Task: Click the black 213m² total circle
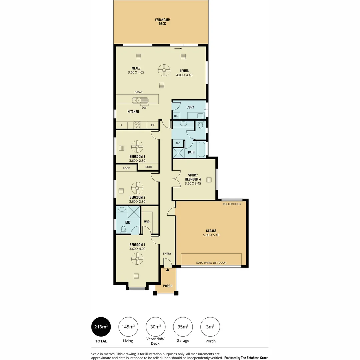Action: pyautogui.click(x=101, y=327)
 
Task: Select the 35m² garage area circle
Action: pyautogui.click(x=183, y=327)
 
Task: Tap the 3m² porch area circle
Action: pyautogui.click(x=210, y=327)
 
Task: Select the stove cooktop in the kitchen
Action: pyautogui.click(x=137, y=125)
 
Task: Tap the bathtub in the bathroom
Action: pyautogui.click(x=201, y=149)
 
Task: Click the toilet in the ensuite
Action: pyautogui.click(x=123, y=229)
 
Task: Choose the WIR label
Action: pyautogui.click(x=147, y=222)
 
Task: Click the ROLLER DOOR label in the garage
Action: pyautogui.click(x=232, y=204)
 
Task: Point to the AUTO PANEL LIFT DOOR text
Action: pyautogui.click(x=211, y=263)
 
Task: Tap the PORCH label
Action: pyautogui.click(x=168, y=286)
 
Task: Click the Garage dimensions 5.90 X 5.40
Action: pyautogui.click(x=211, y=235)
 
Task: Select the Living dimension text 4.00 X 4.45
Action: pyautogui.click(x=184, y=75)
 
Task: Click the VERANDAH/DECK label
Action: pyautogui.click(x=162, y=22)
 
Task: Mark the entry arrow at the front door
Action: pyautogui.click(x=168, y=269)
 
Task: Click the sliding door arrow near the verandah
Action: pyautogui.click(x=178, y=48)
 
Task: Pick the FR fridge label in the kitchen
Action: pyautogui.click(x=152, y=125)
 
